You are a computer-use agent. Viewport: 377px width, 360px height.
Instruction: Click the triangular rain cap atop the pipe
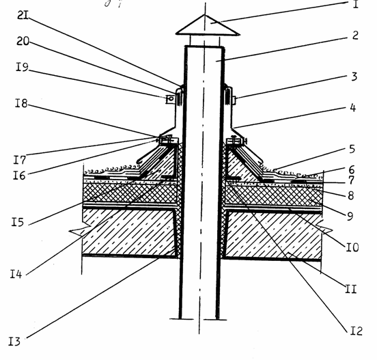(207, 25)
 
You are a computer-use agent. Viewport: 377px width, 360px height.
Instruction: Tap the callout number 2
(355, 36)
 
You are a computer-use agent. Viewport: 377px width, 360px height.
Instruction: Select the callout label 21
(23, 16)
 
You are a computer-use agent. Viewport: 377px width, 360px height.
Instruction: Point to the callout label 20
(23, 41)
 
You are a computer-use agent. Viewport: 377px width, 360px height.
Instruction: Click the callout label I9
(22, 67)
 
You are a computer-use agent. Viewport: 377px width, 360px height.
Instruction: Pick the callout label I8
(21, 103)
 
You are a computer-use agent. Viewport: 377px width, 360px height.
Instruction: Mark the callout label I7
(19, 159)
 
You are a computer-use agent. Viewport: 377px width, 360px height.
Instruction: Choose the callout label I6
(19, 176)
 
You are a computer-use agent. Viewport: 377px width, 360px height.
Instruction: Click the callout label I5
(18, 222)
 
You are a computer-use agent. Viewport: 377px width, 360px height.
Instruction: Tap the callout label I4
(16, 274)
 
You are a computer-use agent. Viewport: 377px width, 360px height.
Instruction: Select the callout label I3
(14, 342)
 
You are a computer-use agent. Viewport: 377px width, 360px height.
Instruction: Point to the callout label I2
(356, 331)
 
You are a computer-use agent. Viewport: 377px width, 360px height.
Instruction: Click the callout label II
(351, 289)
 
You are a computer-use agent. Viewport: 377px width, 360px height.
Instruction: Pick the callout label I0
(352, 247)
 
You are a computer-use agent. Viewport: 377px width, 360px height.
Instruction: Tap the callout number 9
(350, 216)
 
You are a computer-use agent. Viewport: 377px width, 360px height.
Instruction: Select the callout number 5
(352, 149)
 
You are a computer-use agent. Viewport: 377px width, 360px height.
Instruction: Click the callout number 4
(352, 107)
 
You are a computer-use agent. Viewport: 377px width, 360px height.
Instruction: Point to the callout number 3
(354, 77)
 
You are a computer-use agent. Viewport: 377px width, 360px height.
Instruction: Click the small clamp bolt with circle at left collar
(170, 99)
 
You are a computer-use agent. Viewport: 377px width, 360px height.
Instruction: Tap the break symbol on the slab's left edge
(81, 230)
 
